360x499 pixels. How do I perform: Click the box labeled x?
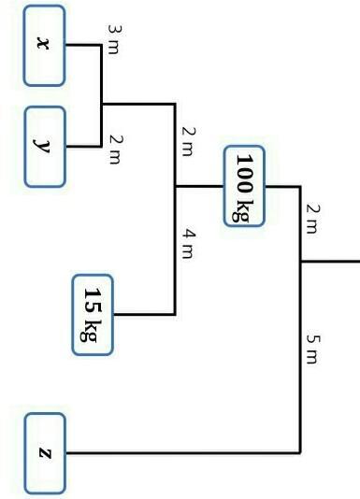44,46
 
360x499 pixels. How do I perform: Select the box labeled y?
45,147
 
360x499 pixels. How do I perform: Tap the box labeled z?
45,453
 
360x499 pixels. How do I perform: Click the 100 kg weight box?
244,186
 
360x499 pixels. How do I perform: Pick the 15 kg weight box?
93,314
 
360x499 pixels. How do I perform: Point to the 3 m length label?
115,39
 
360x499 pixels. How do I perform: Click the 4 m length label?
188,244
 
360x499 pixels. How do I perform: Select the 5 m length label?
313,349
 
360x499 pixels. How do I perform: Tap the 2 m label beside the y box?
115,150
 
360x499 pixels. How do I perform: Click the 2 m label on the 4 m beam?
188,141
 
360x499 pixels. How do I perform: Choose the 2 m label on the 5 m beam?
313,219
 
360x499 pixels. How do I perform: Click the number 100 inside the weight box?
244,174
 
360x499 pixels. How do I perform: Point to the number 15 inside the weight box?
93,301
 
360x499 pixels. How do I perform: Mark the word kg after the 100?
243,210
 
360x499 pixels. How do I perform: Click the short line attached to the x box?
83,45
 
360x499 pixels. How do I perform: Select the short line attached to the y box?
83,147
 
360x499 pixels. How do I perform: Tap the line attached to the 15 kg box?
144,314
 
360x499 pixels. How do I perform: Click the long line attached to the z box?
182,452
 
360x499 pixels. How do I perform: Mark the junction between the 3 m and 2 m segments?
101,104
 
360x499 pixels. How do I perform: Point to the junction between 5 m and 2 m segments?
300,262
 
